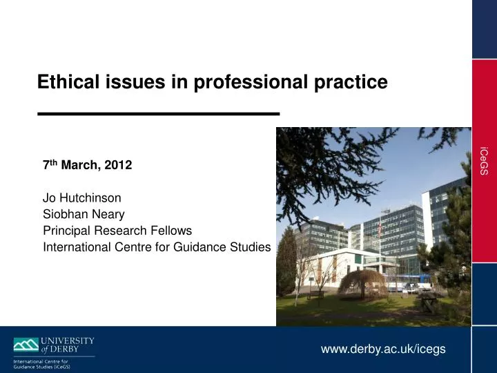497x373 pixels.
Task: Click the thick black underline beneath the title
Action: click(x=159, y=113)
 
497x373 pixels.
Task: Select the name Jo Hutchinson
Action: click(x=82, y=198)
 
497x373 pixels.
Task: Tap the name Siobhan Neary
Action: click(x=84, y=214)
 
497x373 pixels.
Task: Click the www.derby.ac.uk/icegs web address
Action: click(x=383, y=349)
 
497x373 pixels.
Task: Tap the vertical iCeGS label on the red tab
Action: click(x=485, y=160)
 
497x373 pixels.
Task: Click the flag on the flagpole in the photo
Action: click(x=380, y=228)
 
